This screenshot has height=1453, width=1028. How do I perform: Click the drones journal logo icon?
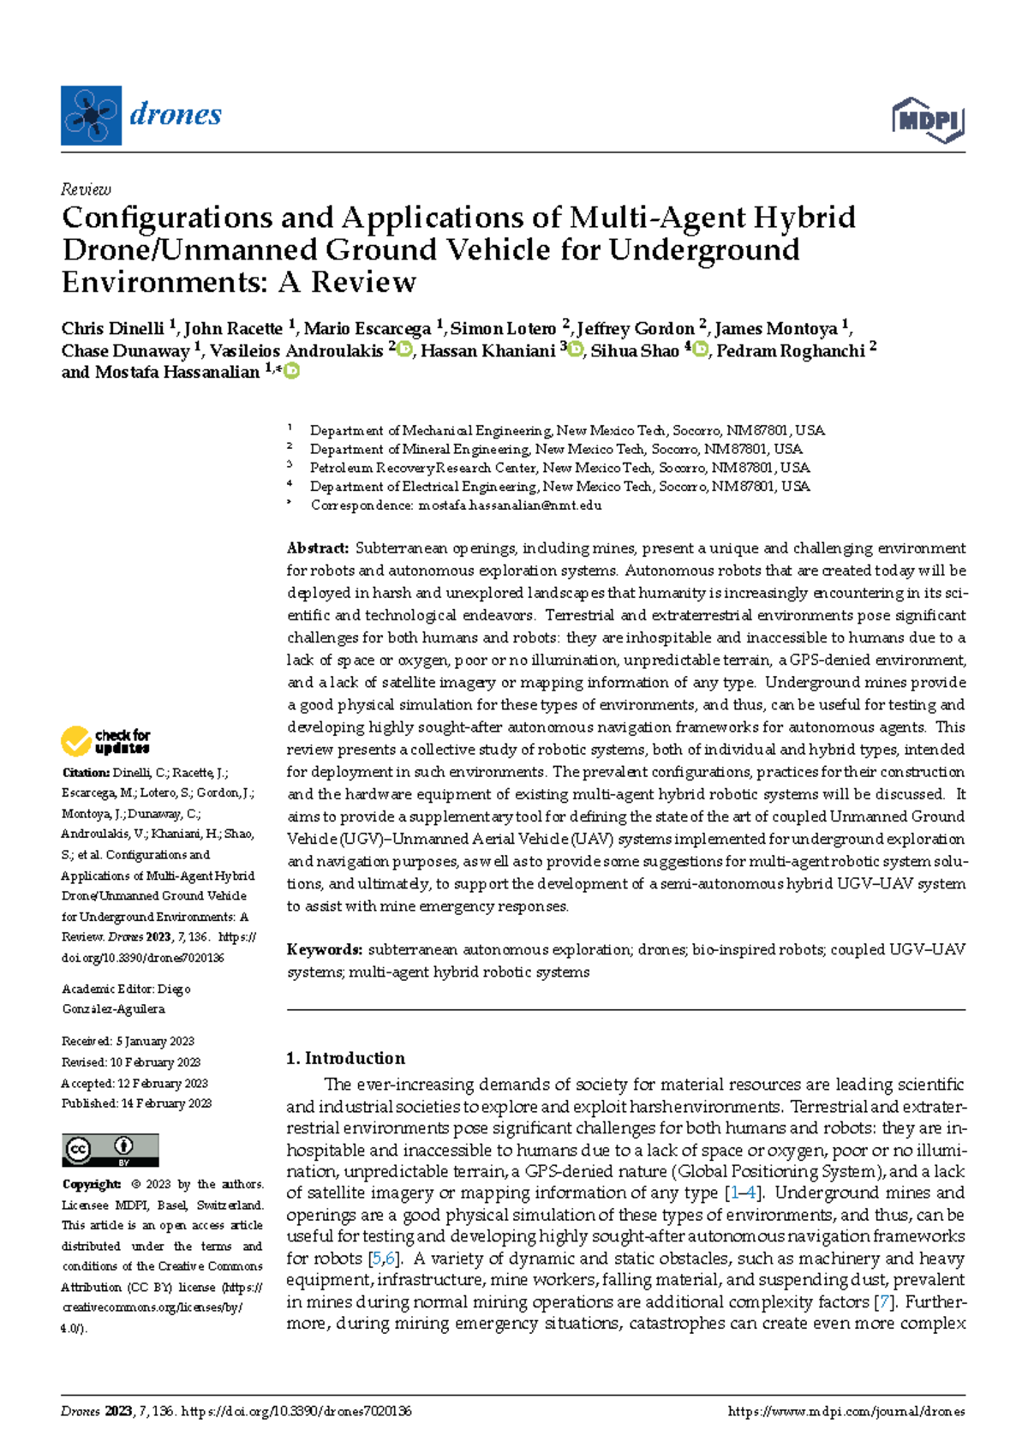[x=91, y=116]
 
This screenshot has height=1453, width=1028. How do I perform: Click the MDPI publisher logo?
[x=928, y=120]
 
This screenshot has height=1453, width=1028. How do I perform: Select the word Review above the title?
[x=86, y=189]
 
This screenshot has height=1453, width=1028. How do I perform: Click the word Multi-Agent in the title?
[x=657, y=218]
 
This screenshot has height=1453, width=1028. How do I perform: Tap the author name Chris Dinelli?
[x=112, y=329]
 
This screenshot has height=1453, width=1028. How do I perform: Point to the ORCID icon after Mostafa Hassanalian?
[x=292, y=371]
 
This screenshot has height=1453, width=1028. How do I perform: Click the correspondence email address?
[x=510, y=505]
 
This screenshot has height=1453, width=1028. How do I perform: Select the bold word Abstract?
[x=317, y=548]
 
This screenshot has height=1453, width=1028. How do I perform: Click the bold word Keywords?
[x=324, y=949]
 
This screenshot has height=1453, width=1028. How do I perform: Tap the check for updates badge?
[x=105, y=741]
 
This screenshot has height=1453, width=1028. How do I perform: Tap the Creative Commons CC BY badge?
[x=111, y=1150]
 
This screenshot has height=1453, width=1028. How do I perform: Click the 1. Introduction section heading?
[x=345, y=1058]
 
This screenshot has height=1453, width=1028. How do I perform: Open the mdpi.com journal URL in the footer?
[x=846, y=1412]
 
